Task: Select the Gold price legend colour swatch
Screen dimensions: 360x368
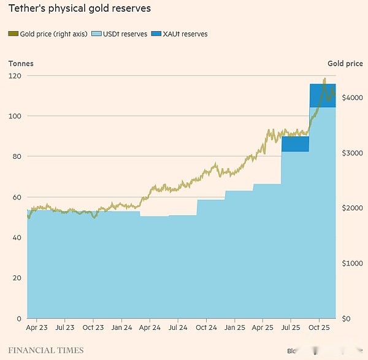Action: click(13, 34)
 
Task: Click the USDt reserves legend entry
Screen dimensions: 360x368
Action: click(119, 34)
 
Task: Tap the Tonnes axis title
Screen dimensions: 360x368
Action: click(21, 63)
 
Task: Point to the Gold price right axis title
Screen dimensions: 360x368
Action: click(345, 63)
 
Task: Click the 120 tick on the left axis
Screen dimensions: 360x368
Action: click(15, 75)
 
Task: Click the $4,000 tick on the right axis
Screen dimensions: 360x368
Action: click(353, 98)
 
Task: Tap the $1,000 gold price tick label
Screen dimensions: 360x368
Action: click(353, 263)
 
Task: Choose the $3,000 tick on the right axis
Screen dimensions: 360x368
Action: click(353, 153)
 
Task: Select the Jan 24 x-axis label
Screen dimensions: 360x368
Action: click(121, 328)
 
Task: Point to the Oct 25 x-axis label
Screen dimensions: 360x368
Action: click(319, 328)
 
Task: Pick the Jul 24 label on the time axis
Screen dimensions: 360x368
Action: click(178, 328)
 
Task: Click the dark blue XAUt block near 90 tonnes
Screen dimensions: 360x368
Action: click(295, 144)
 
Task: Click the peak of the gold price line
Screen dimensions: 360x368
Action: click(324, 79)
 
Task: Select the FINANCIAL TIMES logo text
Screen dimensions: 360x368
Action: click(46, 351)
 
